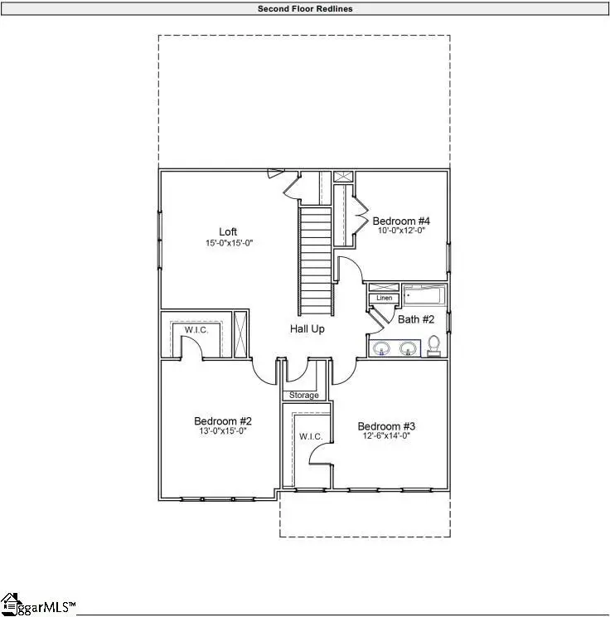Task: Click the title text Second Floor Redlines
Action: [305, 7]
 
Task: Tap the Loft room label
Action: [229, 231]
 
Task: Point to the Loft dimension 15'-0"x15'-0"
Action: [229, 243]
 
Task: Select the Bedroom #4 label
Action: [401, 221]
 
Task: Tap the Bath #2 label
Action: [416, 318]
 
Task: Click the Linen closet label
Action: [384, 298]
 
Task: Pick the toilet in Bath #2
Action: [433, 346]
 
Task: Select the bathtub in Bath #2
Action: [424, 295]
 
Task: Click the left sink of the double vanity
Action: [383, 348]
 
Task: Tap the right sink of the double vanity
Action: [407, 348]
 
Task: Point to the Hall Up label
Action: [307, 329]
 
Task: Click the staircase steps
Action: [315, 257]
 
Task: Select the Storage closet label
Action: [304, 396]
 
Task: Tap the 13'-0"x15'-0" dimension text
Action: [223, 431]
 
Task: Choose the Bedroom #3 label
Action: [385, 425]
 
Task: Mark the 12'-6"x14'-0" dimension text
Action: [385, 435]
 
